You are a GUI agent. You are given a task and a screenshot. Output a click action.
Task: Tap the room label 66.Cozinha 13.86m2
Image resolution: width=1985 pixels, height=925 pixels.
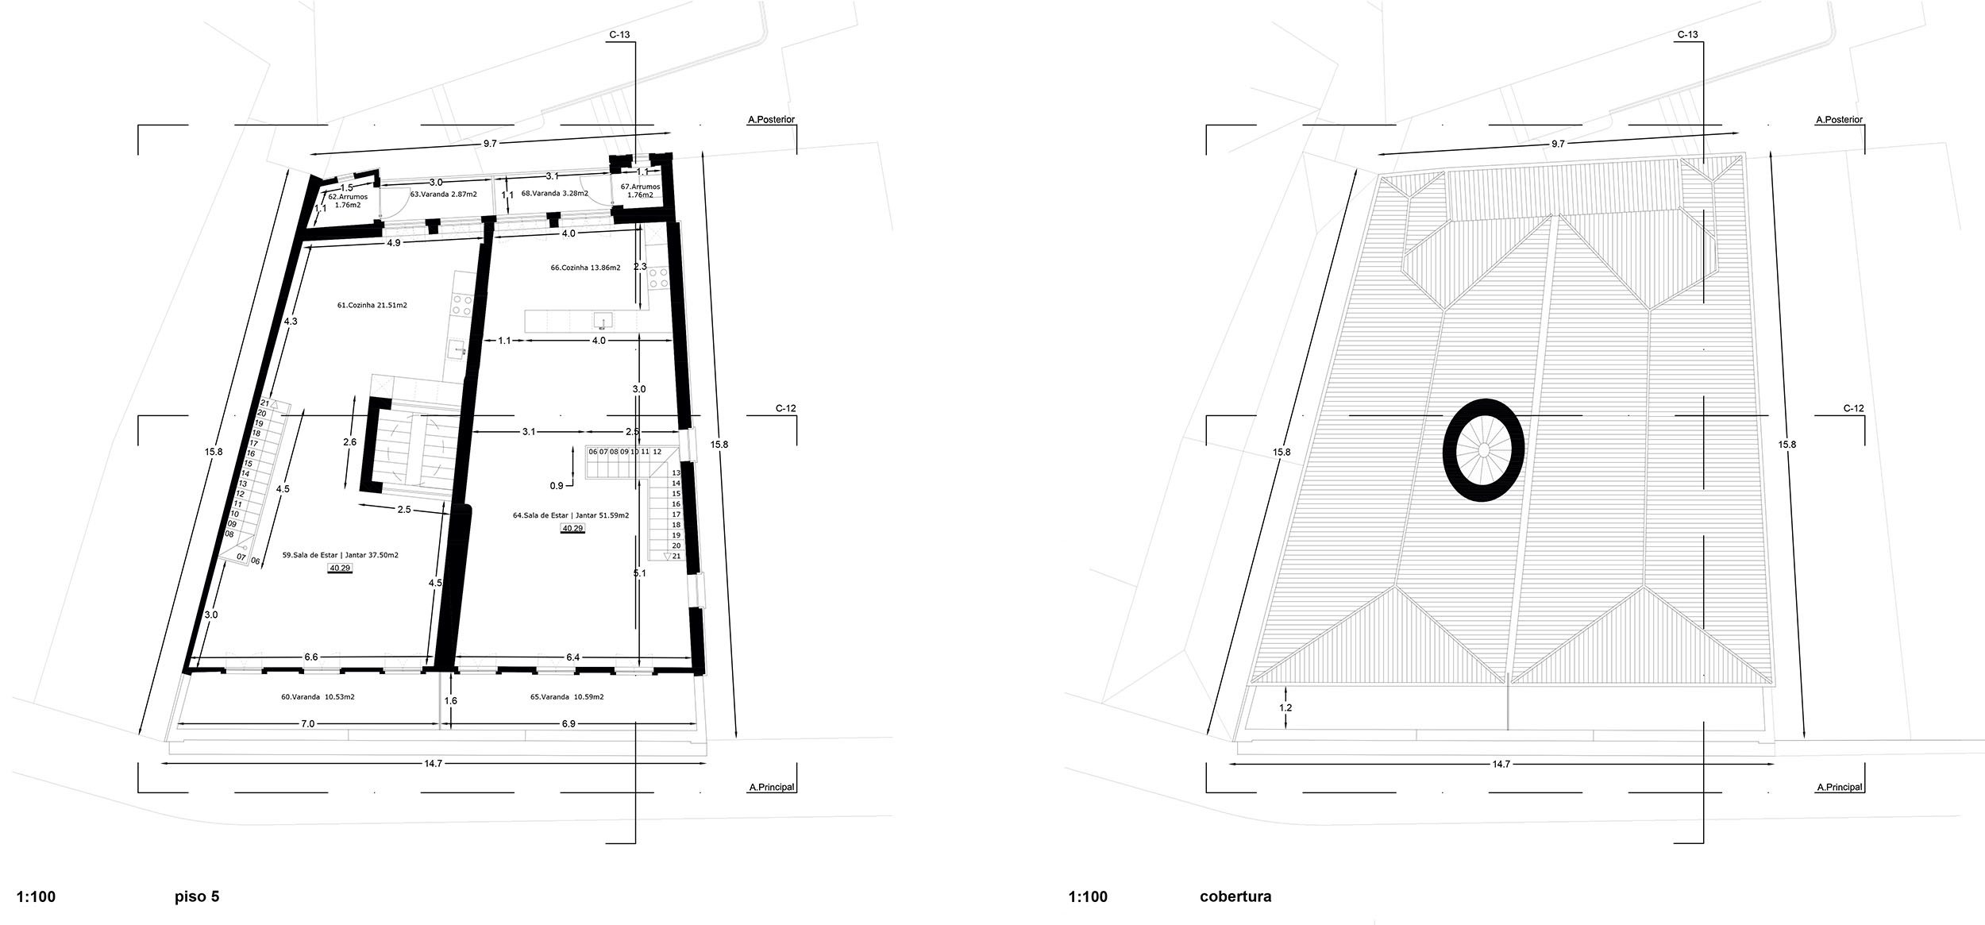tap(585, 268)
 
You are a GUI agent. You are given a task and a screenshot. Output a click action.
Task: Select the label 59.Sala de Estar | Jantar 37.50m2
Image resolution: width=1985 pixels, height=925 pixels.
tap(340, 555)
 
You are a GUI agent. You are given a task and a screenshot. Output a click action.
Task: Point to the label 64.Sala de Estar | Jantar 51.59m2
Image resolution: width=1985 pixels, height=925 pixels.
tap(570, 515)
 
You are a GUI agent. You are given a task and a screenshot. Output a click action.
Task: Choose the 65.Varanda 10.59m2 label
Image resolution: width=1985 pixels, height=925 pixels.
tap(566, 697)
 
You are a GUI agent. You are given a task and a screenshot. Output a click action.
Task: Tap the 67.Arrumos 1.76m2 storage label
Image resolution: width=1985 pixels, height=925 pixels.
tap(640, 191)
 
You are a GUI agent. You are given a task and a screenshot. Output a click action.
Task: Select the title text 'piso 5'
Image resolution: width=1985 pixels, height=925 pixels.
tap(196, 897)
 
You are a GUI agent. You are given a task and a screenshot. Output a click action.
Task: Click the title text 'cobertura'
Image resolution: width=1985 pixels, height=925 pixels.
tap(1235, 897)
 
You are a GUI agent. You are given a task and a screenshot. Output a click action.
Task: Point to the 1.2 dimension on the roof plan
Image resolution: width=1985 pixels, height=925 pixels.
tap(1285, 707)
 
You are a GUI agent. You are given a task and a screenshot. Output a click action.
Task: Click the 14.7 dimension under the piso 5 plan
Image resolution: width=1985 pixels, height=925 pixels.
tap(433, 764)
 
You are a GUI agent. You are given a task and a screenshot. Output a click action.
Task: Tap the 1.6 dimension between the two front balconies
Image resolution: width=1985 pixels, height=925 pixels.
tap(450, 701)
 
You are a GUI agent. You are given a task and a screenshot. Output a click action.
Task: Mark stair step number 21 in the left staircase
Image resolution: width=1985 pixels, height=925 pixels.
tap(263, 403)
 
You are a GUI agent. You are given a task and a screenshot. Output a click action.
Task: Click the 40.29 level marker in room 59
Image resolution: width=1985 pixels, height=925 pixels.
tap(340, 568)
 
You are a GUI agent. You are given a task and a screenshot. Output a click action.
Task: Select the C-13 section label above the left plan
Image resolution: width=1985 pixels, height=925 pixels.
tap(619, 35)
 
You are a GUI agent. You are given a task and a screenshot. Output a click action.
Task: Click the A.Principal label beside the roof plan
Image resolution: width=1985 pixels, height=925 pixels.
tap(1839, 788)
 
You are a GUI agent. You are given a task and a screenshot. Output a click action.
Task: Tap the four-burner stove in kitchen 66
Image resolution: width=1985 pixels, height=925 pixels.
tap(658, 277)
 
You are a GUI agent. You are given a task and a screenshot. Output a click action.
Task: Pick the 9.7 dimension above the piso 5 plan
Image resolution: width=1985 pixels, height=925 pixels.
tap(489, 144)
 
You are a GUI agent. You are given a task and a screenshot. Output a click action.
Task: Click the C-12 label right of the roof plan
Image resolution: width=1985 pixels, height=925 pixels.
tap(1853, 408)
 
